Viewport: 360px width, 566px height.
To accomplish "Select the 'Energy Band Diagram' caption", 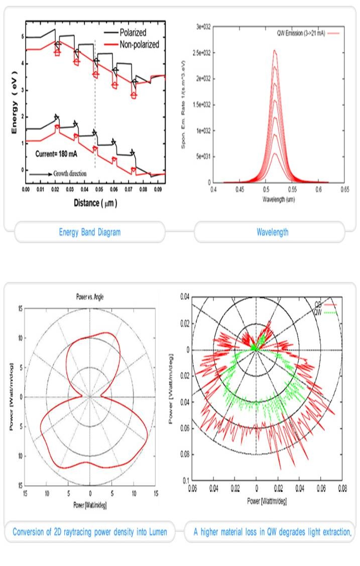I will (x=90, y=232).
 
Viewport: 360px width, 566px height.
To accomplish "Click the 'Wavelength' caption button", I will (x=270, y=232).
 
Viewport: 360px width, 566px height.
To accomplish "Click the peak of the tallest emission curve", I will (x=274, y=50).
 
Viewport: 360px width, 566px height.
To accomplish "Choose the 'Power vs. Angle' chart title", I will (x=90, y=296).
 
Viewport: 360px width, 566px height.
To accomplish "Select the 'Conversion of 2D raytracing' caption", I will (x=90, y=532).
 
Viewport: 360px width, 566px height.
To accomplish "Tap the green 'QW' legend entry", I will (x=321, y=311).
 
